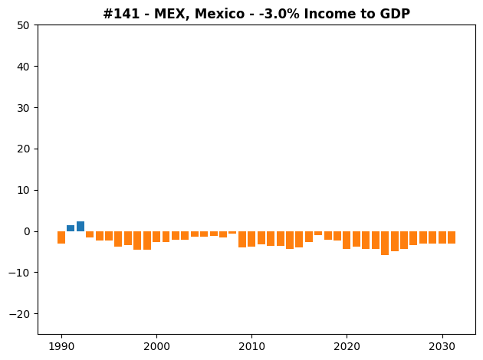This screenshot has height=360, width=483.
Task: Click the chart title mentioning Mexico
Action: coord(257,14)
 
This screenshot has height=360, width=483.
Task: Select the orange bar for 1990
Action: coord(61,237)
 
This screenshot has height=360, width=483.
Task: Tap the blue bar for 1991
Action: coord(71,228)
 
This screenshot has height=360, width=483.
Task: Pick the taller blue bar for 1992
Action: coord(80,227)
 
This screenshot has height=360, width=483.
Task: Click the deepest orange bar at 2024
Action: coord(385,243)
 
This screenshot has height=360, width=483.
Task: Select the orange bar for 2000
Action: coord(156,237)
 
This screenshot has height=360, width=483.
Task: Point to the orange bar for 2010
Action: coord(251,239)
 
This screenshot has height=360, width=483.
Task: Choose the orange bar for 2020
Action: coord(347,240)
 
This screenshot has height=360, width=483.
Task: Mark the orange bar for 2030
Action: coord(442,237)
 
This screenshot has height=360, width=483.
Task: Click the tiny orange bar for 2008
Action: coord(232,233)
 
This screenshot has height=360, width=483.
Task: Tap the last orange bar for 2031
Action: coord(452,237)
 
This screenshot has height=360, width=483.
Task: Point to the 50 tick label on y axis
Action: coord(24,25)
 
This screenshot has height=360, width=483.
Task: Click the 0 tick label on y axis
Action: coord(27,231)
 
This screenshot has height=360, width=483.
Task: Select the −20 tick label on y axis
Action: coord(19,314)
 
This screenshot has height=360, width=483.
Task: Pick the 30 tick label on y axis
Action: coord(24,108)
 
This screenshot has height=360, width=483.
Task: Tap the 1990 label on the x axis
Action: coord(61,347)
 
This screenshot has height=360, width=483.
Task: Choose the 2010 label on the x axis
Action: coord(251,347)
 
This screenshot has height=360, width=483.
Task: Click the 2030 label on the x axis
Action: coord(442,347)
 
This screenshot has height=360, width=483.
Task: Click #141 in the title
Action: coord(121,14)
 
